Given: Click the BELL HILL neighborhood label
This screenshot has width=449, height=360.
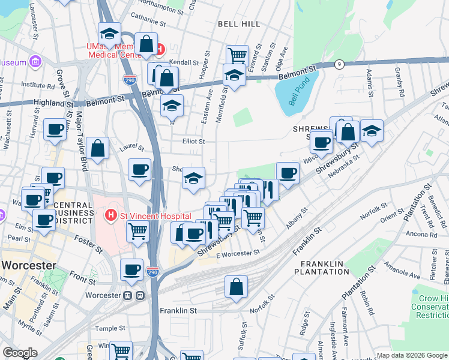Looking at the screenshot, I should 239,24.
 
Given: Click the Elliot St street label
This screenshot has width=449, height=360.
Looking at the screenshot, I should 194,142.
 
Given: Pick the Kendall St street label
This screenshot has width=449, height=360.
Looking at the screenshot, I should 184,62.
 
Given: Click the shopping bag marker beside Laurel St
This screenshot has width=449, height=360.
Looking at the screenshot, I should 97,148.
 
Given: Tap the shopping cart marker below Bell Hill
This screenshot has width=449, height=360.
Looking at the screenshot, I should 238,56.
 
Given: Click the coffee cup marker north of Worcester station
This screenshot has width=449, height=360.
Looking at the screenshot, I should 131,269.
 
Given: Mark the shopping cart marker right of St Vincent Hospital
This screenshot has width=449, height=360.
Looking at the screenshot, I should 138,230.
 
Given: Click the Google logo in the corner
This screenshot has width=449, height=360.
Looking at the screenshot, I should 20,353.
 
